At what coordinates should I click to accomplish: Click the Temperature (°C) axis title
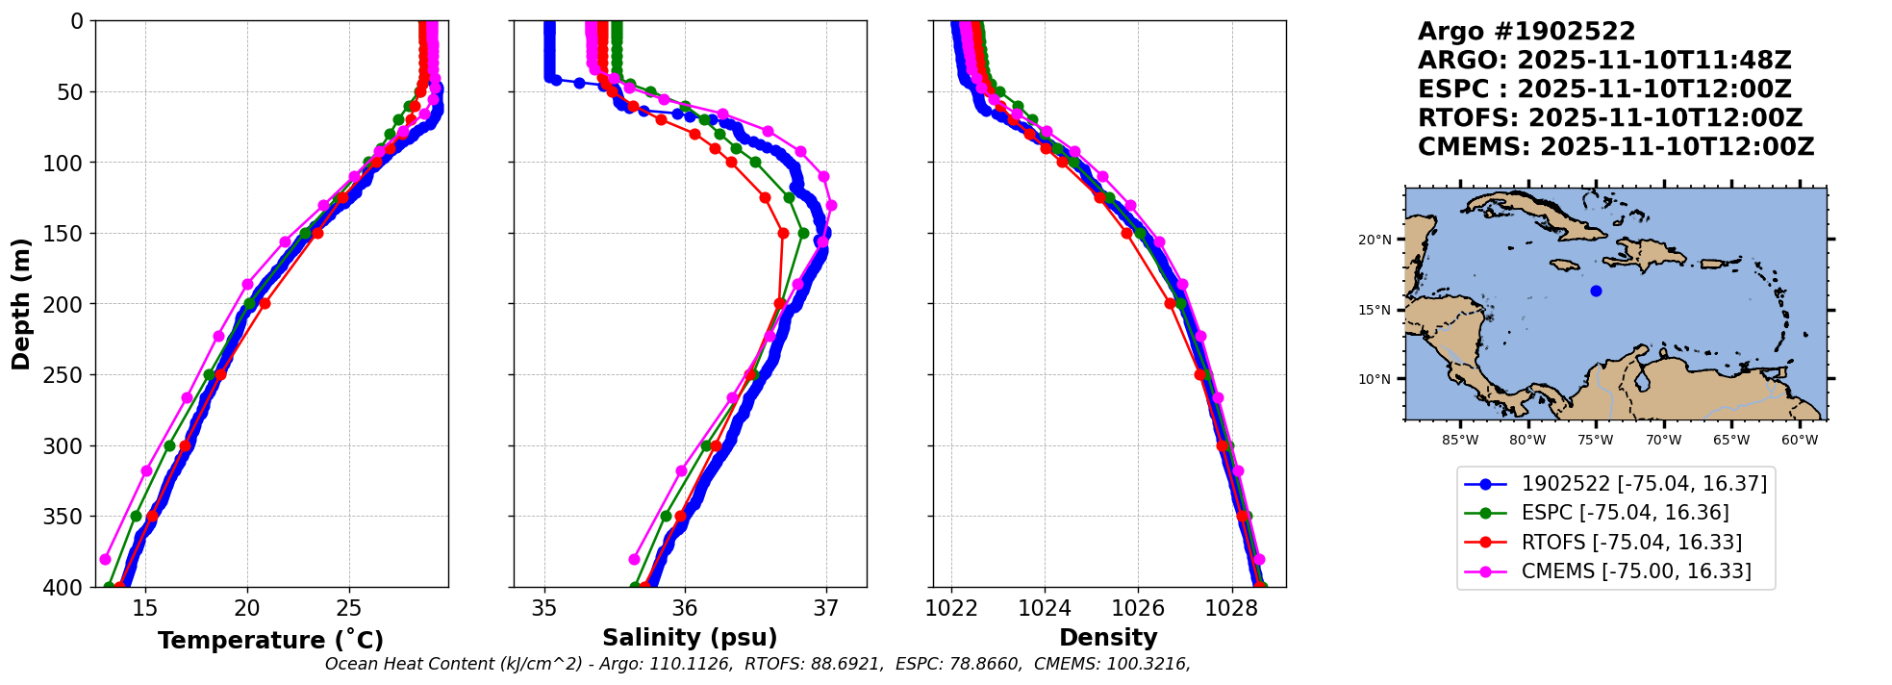tap(270, 640)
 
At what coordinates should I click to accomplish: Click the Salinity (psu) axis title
tap(690, 638)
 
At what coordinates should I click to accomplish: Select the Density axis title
tap(1108, 638)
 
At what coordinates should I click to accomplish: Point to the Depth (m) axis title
tap(21, 304)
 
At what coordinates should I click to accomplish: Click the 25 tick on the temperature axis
tap(349, 608)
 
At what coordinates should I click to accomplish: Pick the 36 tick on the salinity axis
tap(685, 608)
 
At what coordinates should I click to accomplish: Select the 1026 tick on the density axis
tap(1138, 608)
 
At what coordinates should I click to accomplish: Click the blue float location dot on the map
tap(1596, 291)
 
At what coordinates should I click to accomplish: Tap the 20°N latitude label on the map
tap(1375, 240)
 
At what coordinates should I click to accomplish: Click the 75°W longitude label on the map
tap(1595, 441)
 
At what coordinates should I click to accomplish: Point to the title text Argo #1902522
tap(1526, 32)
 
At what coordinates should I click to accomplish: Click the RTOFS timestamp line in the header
tap(1609, 118)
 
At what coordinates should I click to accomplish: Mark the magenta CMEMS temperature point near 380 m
tap(106, 559)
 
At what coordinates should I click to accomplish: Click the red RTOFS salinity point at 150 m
tap(783, 233)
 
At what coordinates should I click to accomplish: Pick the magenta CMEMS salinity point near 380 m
tap(634, 559)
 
